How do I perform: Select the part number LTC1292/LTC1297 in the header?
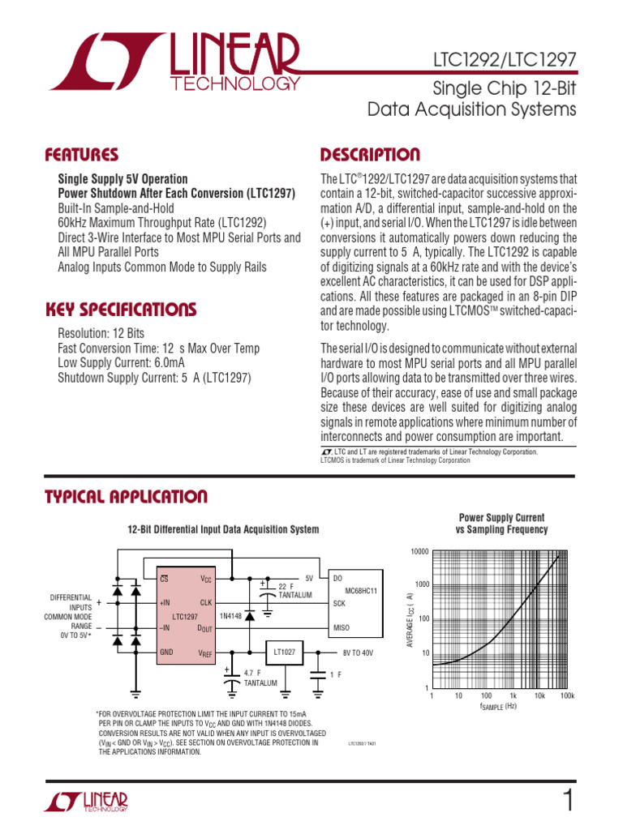(x=505, y=61)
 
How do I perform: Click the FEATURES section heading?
(x=81, y=155)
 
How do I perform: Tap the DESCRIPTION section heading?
(x=370, y=155)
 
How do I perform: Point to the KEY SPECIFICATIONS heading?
(x=120, y=310)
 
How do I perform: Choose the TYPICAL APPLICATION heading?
(x=126, y=497)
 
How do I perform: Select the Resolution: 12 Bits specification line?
(x=101, y=334)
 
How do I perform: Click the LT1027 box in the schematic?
(x=284, y=650)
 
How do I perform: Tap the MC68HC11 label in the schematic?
(x=361, y=590)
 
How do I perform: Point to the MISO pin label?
(x=341, y=628)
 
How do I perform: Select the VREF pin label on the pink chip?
(x=204, y=652)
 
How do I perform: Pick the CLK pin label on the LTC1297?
(x=205, y=603)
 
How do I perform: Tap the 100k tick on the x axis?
(x=567, y=696)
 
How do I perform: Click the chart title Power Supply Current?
(x=501, y=517)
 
